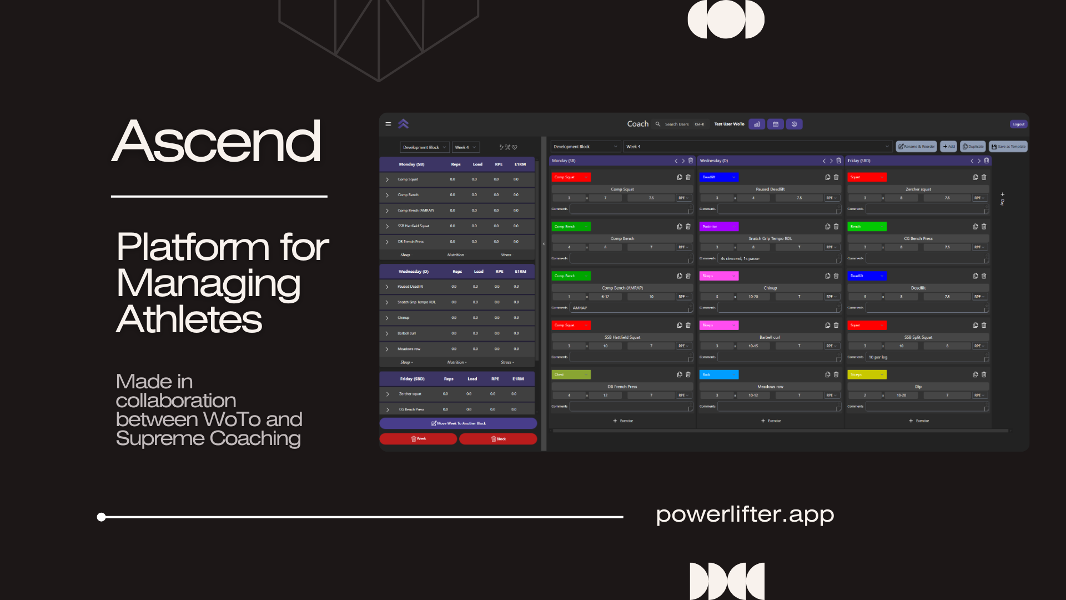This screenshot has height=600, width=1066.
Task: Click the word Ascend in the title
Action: click(217, 142)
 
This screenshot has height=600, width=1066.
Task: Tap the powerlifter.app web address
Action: click(745, 514)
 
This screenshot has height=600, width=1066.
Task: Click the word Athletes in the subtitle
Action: click(189, 319)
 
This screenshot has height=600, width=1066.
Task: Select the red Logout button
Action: click(1018, 124)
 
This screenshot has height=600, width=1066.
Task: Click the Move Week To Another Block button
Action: click(458, 423)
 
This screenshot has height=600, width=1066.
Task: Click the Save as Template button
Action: click(1008, 147)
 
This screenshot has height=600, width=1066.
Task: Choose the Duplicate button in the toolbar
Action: click(973, 147)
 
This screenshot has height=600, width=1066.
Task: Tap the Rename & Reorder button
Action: click(916, 147)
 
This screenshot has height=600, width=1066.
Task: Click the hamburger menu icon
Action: click(388, 124)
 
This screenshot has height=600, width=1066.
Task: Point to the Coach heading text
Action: click(637, 124)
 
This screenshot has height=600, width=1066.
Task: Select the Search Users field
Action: click(676, 124)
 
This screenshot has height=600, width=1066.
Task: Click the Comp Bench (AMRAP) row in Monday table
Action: click(415, 211)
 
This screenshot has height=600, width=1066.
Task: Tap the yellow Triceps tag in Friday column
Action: click(866, 375)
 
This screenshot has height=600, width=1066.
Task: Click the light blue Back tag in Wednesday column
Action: click(718, 375)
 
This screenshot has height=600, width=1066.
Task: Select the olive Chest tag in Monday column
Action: click(570, 375)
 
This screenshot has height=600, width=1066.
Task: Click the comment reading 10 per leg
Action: click(878, 357)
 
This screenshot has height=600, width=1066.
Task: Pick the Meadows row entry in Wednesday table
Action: click(409, 349)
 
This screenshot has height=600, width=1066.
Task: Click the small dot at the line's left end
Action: click(101, 517)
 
